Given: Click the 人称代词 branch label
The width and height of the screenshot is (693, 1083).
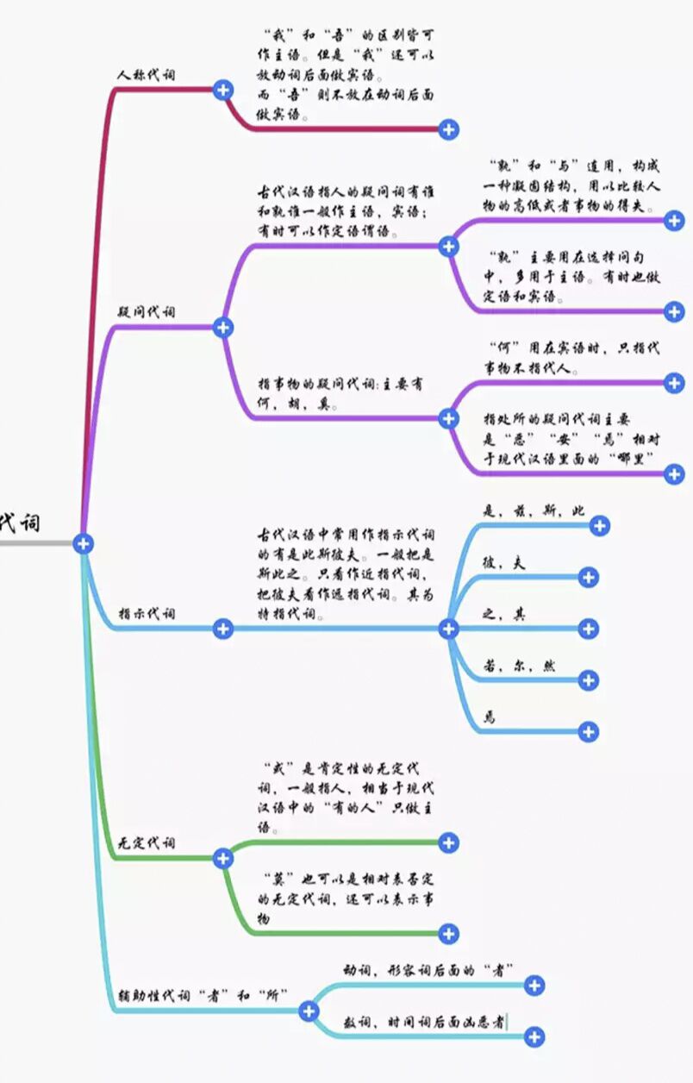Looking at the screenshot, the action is (x=146, y=75).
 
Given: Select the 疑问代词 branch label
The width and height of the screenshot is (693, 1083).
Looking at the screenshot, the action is (x=146, y=312).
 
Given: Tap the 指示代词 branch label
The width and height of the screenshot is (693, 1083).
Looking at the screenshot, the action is (x=146, y=614).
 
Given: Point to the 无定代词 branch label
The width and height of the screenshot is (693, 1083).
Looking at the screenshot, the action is (x=146, y=842).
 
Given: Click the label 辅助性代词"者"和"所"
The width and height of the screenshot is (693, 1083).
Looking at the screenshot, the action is (x=203, y=995).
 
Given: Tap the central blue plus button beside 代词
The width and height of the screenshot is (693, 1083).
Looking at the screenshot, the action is (x=83, y=543).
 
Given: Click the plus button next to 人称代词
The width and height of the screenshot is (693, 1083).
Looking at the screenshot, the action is (x=223, y=89).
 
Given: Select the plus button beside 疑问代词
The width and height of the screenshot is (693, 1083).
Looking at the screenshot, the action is (x=223, y=327).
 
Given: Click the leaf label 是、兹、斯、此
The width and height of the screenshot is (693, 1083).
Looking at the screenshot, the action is (x=534, y=511).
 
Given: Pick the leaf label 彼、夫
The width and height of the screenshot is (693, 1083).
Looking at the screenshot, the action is (x=504, y=563).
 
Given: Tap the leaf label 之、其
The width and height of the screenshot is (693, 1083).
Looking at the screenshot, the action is (x=504, y=615).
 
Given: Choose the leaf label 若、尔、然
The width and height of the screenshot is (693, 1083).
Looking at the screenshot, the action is (x=519, y=667).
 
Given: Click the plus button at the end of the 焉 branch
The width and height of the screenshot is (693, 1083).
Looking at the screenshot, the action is (x=589, y=732).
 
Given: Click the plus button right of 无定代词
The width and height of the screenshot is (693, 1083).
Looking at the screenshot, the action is (x=223, y=858).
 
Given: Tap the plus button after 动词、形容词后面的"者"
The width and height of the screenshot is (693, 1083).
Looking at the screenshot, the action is (x=534, y=986).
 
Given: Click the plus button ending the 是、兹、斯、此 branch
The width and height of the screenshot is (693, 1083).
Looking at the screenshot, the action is (x=600, y=526).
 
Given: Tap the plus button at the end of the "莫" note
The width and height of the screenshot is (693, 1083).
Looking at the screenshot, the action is (x=448, y=933).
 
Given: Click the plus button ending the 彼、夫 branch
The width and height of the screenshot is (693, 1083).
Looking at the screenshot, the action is (x=589, y=578).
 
